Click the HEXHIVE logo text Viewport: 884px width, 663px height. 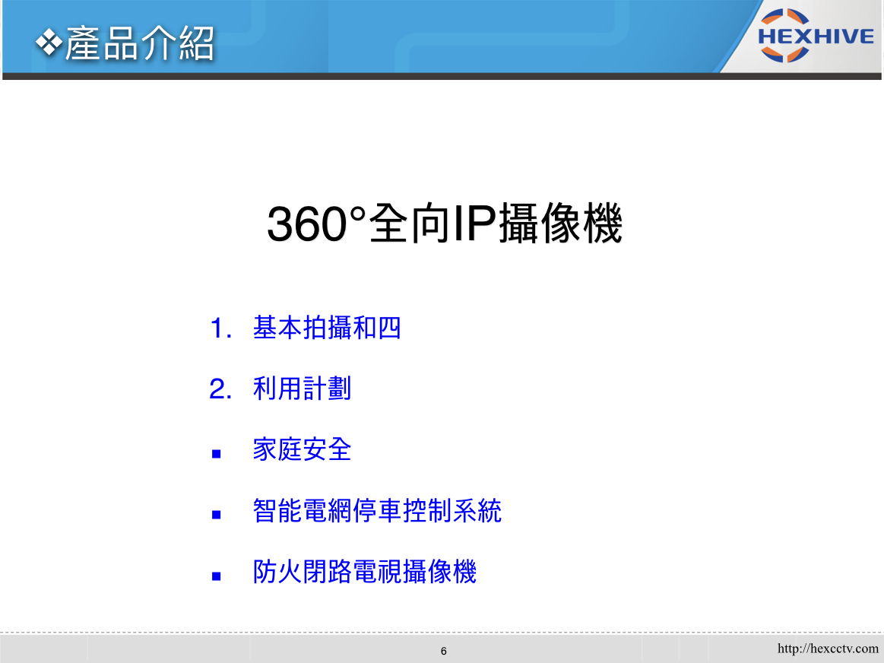(816, 36)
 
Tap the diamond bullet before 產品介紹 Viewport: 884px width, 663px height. (49, 43)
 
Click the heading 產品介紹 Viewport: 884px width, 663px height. (140, 43)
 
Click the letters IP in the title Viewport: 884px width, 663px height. (474, 224)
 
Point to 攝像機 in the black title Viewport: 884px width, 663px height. (560, 224)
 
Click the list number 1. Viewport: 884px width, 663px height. (220, 328)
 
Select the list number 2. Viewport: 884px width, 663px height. (220, 389)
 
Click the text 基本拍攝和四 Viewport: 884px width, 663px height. (327, 328)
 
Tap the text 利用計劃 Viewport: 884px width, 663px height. (303, 389)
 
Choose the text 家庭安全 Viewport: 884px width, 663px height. (303, 449)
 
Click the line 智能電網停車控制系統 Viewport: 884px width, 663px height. (377, 510)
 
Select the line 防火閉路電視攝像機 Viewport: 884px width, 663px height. (365, 571)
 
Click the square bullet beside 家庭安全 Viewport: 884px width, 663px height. (216, 454)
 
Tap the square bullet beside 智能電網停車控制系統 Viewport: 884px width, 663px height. (216, 515)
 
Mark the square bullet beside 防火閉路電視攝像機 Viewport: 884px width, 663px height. (216, 576)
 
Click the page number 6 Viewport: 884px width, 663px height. (444, 651)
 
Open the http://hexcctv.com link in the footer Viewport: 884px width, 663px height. (828, 649)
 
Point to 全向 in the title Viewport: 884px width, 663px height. (410, 224)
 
